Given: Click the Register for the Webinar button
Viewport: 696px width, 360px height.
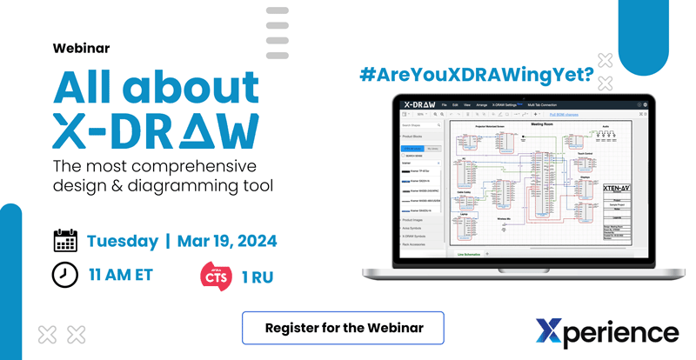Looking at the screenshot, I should point(343,328).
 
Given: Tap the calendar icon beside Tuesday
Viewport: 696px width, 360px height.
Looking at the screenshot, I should point(65,241).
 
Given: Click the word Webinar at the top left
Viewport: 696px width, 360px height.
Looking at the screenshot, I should point(81,49).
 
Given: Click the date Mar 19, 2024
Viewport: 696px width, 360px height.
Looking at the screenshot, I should point(228,241).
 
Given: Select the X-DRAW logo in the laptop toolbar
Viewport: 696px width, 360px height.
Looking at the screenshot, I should point(419,104).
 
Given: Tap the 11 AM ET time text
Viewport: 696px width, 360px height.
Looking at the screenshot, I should point(121,276).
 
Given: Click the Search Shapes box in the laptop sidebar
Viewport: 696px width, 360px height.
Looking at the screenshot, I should point(418,126).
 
